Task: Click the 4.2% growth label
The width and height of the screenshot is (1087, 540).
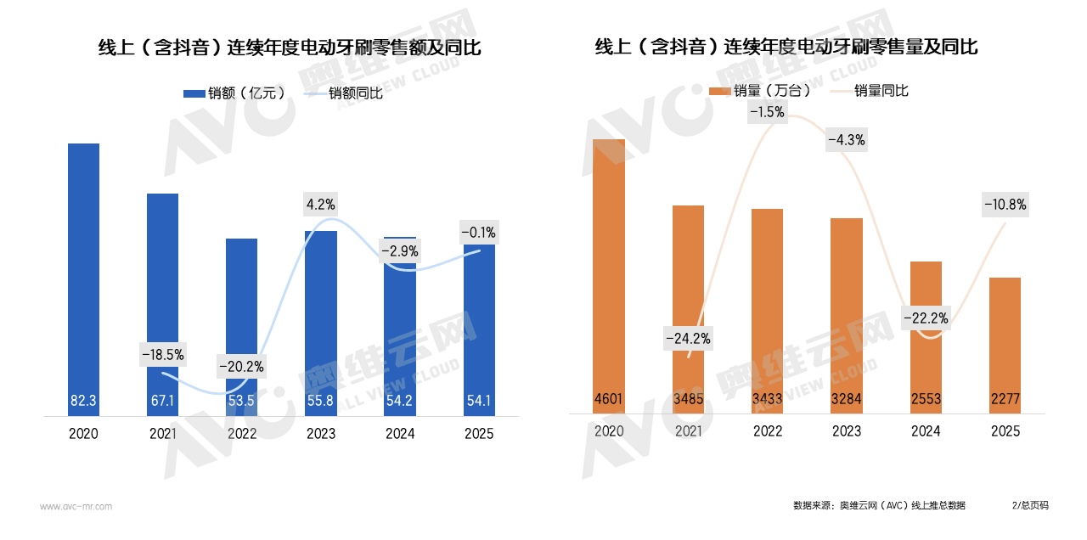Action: [321, 204]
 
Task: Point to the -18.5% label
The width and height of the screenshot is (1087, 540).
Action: [162, 354]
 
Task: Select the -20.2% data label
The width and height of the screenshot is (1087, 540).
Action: [241, 368]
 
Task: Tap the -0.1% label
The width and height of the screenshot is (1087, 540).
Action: [478, 232]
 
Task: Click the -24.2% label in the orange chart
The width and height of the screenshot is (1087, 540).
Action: [688, 338]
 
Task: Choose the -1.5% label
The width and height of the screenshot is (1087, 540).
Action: [767, 111]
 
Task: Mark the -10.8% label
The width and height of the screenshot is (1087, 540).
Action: [1005, 204]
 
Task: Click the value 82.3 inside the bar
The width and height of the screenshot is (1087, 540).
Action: [83, 400]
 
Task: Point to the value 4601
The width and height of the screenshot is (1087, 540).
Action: [609, 398]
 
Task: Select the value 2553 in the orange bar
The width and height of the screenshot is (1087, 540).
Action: [926, 398]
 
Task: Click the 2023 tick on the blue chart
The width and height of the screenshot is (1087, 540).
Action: [321, 434]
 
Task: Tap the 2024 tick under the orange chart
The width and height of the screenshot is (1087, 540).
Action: [926, 431]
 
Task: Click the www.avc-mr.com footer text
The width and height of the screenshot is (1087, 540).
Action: [76, 507]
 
